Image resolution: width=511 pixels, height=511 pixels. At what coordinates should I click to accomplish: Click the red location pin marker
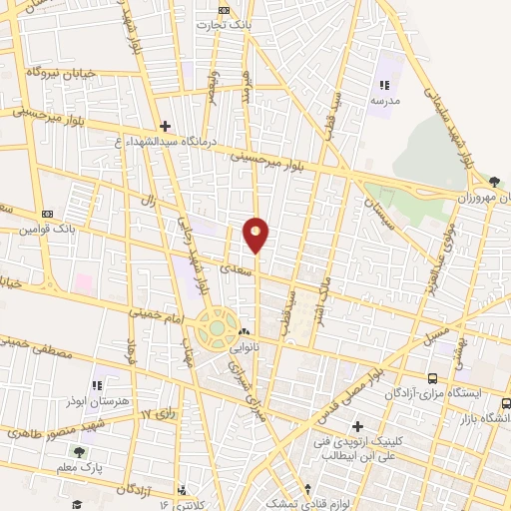256,235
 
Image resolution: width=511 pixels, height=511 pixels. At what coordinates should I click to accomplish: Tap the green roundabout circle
217,328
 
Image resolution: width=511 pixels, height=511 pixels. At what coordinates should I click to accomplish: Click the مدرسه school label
385,101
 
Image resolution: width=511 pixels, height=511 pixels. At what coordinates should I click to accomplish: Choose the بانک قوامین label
48,229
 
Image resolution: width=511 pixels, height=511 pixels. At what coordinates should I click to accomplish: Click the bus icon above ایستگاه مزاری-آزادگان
432,378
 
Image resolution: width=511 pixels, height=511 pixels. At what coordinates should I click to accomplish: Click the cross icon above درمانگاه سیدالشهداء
165,126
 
